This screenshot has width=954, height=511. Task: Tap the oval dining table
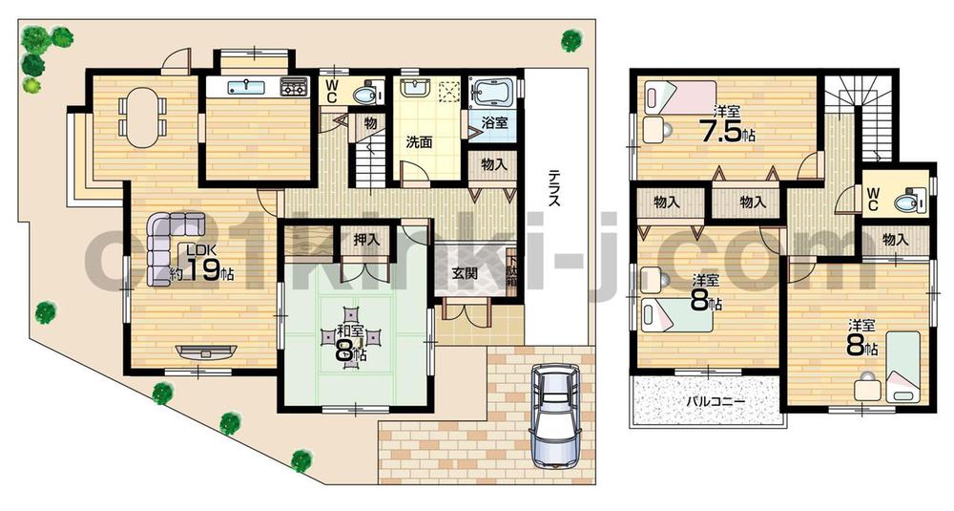coord(140,117)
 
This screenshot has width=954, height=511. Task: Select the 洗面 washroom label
coord(419,143)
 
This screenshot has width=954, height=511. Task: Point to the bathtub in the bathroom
coord(492,94)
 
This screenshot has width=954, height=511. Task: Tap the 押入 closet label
coord(366,240)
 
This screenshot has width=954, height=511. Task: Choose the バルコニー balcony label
coord(716,401)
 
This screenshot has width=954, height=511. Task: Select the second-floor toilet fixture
coord(905,202)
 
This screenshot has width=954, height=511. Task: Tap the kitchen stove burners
coord(293,89)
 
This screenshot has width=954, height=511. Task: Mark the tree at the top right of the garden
coord(570,40)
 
